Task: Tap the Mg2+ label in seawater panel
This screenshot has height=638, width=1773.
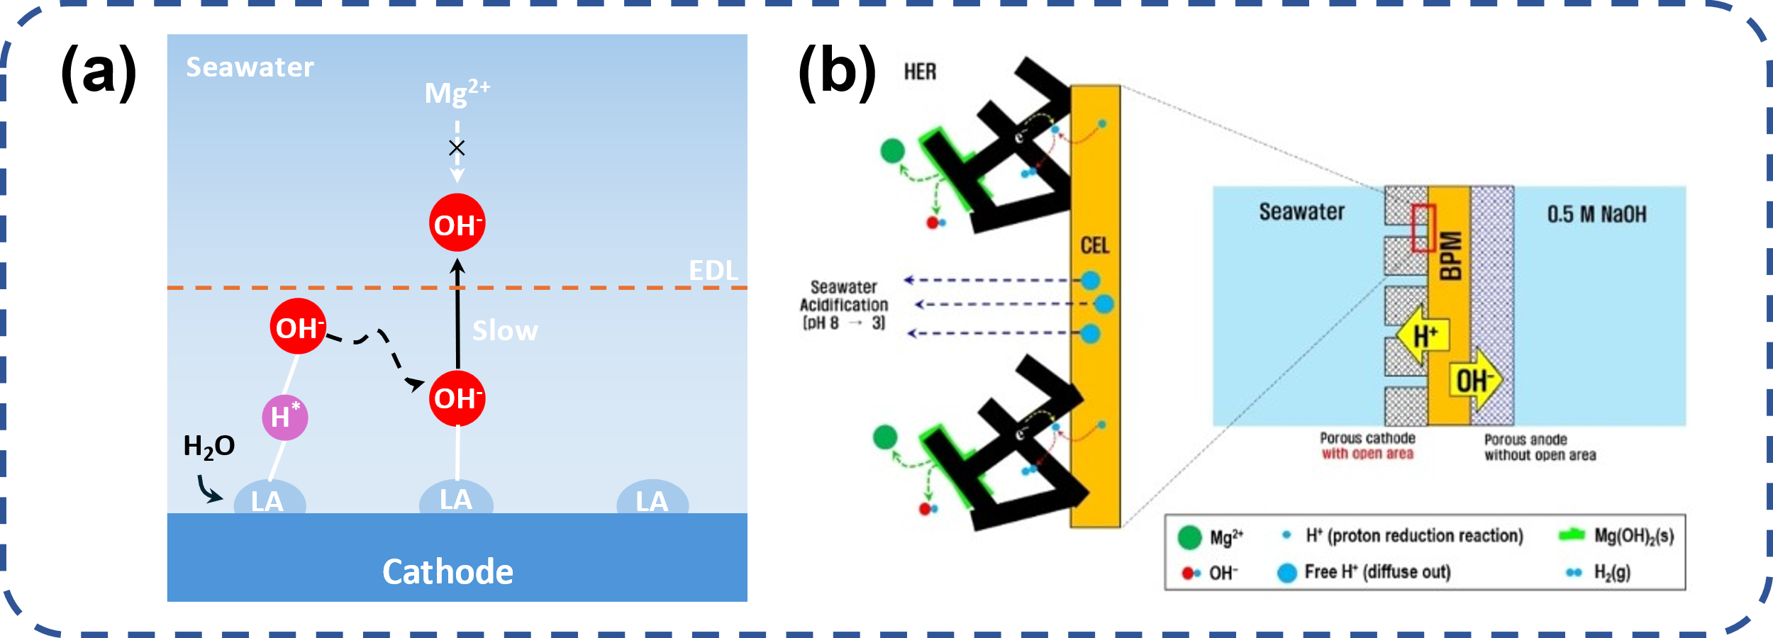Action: (x=457, y=93)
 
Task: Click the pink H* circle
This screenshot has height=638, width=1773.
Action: (x=284, y=418)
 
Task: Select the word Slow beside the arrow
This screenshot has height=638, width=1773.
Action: (x=505, y=331)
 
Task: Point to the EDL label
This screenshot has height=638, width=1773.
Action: (x=713, y=271)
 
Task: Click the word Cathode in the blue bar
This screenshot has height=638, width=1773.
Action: (x=448, y=572)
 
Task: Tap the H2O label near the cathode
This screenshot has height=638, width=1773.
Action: (x=209, y=447)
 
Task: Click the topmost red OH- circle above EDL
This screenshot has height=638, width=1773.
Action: (x=457, y=223)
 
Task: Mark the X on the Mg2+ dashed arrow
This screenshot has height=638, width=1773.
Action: (x=457, y=147)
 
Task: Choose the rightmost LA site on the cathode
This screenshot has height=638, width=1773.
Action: (x=652, y=500)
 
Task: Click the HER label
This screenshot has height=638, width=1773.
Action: (x=920, y=72)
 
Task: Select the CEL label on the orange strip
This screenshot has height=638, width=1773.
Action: (x=1094, y=246)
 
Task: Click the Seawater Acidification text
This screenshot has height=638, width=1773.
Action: (x=844, y=305)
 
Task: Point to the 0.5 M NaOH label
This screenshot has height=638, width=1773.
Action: (x=1596, y=214)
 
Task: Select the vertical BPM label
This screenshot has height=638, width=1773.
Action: (x=1450, y=256)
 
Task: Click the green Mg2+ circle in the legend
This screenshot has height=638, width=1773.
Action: (x=1189, y=537)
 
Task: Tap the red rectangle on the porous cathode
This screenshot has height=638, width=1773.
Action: (x=1423, y=228)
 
